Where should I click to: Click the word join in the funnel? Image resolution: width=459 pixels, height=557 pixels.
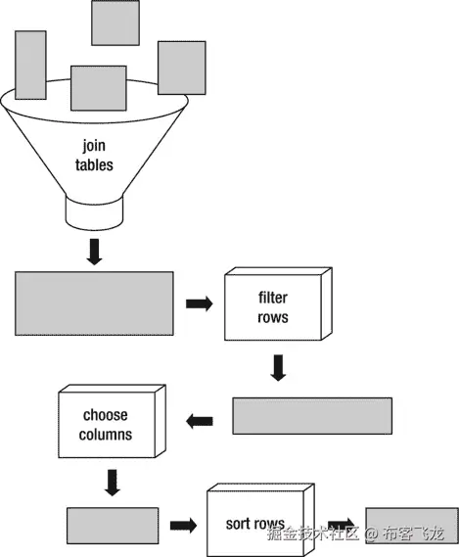coord(95,149)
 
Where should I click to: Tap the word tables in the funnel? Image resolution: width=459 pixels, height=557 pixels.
coord(95,165)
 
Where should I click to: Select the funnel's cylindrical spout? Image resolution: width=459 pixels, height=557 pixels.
coord(95,209)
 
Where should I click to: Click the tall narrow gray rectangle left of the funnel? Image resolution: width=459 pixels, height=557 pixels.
coord(30,65)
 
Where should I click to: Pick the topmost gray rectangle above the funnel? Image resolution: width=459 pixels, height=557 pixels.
coord(115,23)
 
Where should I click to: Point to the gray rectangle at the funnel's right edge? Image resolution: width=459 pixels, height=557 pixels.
coord(182,68)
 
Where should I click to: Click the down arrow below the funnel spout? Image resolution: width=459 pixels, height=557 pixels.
coord(95,251)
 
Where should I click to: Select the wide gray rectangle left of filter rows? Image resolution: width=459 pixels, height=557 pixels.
coord(94,304)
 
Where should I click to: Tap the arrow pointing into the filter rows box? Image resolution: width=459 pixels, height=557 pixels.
coord(199,304)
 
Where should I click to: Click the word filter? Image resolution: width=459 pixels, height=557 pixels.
coord(273,297)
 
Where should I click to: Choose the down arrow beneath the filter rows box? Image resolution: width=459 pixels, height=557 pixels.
coord(278,368)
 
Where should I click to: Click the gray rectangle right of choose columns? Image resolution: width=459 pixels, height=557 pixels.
coord(311,415)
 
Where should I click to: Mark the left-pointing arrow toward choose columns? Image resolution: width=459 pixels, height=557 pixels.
coord(200,420)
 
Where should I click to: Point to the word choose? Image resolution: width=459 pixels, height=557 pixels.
coord(106,415)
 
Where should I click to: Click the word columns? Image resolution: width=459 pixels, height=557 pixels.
coord(106,434)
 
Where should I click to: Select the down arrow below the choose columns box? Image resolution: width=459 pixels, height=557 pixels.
coord(112,482)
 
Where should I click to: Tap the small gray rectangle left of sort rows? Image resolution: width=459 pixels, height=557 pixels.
coord(113,526)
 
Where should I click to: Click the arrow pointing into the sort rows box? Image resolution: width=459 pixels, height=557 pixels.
coord(182,526)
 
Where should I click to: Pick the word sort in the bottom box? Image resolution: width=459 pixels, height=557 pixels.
coord(242,525)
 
